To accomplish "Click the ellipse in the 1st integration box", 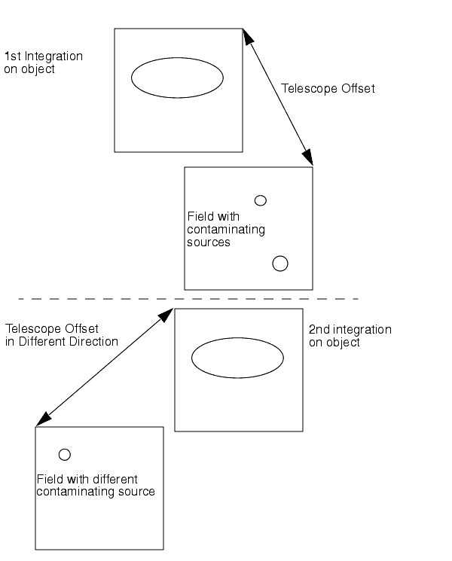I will click(x=178, y=77).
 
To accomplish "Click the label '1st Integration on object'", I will click(x=44, y=63).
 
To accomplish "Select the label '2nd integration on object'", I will click(x=350, y=336).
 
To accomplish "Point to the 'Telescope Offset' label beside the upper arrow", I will click(x=328, y=89).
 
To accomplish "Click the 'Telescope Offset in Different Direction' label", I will click(x=62, y=335).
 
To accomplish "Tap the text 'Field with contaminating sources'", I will click(x=225, y=229).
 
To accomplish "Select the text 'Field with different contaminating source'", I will click(x=96, y=485).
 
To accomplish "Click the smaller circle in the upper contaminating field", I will click(x=261, y=200).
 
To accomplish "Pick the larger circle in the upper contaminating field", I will click(x=280, y=263).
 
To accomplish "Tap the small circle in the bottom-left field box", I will click(x=65, y=454).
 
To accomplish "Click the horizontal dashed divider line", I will click(x=188, y=299).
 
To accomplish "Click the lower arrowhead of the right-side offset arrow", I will click(x=309, y=160).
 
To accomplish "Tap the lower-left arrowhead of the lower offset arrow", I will click(x=42, y=419).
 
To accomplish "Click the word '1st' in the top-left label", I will click(x=12, y=56).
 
